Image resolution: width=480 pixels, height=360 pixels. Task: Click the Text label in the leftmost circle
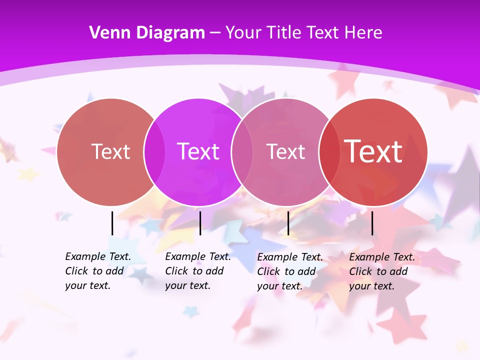110,151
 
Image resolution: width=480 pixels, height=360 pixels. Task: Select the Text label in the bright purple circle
198,151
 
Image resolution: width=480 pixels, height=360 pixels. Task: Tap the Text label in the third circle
286,151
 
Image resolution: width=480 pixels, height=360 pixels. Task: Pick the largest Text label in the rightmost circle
373,151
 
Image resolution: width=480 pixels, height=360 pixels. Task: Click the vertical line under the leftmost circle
112,223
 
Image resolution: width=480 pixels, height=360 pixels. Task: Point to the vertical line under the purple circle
200,223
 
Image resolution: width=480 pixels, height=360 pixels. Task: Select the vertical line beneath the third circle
288,223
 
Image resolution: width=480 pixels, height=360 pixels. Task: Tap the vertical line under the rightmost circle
372,223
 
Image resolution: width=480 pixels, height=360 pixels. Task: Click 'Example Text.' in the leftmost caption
98,256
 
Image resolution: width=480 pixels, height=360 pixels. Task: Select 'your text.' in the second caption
187,285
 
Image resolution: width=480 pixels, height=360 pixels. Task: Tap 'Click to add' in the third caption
286,271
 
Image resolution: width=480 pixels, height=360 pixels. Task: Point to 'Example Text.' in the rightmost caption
382,257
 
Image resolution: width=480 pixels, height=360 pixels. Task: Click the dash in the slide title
215,33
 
